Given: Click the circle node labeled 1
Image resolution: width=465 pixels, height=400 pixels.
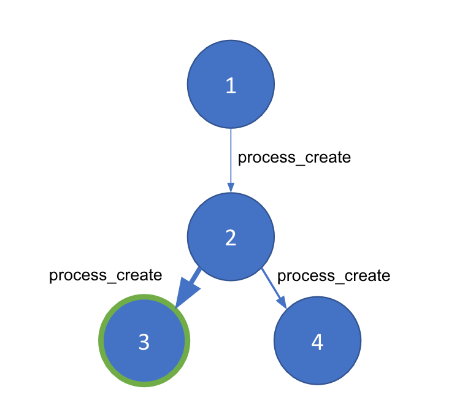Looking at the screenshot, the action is (x=231, y=85).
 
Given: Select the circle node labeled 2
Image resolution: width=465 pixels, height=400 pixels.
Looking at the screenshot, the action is (x=231, y=237).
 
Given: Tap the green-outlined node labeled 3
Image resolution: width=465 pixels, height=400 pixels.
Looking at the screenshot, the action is (x=144, y=340).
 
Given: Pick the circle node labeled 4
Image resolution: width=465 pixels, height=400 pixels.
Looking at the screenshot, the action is (x=317, y=340).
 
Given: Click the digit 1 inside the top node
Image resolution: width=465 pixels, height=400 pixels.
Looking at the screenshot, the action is (x=231, y=86).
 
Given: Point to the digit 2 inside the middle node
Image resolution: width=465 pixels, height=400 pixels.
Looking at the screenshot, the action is (x=231, y=237).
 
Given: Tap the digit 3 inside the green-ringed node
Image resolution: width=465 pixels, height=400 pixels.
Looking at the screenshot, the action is (x=144, y=342).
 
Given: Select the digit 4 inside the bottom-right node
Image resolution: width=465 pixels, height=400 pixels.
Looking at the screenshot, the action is (x=317, y=342).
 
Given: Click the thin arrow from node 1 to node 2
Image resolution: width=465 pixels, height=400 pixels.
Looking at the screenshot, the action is (x=231, y=160).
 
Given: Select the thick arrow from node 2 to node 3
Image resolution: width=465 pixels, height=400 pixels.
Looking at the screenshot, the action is (x=188, y=288).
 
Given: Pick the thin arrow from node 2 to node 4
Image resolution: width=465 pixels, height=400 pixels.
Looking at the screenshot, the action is (x=274, y=288).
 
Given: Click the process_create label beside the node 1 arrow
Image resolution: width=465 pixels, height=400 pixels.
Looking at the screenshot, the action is (x=294, y=158).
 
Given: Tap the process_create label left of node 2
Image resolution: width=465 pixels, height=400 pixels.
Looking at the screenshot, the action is (x=106, y=275).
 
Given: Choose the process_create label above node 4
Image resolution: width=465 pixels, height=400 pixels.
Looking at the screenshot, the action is (x=334, y=276).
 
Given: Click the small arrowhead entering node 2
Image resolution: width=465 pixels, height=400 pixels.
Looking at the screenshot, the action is (x=231, y=188).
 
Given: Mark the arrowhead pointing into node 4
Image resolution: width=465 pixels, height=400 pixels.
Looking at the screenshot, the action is (x=282, y=302).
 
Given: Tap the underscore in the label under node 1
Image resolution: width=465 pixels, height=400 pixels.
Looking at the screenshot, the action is (x=300, y=164).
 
